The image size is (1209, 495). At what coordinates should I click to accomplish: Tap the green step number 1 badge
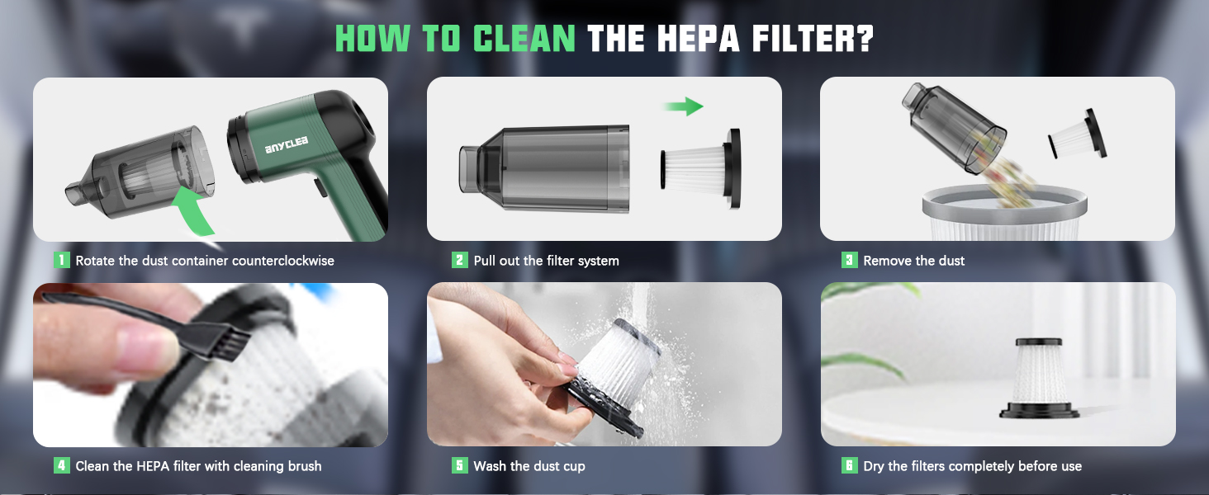coord(62,260)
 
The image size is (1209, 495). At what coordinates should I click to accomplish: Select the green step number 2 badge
coord(460,260)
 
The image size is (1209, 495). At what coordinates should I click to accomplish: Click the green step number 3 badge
coord(849,260)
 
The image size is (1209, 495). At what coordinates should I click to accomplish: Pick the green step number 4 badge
coord(62,466)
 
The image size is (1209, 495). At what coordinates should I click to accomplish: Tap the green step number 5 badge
coord(460,466)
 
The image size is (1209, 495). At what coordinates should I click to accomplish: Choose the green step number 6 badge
coord(849,466)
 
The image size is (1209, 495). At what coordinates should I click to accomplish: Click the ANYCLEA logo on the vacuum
coord(287,145)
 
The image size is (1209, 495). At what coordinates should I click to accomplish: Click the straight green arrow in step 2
coord(683,106)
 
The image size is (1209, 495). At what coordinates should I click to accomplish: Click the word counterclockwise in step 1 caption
coord(283,261)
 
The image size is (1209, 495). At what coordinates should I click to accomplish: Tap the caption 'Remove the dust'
coord(913,261)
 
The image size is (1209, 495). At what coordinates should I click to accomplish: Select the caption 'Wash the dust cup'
coord(529,467)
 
